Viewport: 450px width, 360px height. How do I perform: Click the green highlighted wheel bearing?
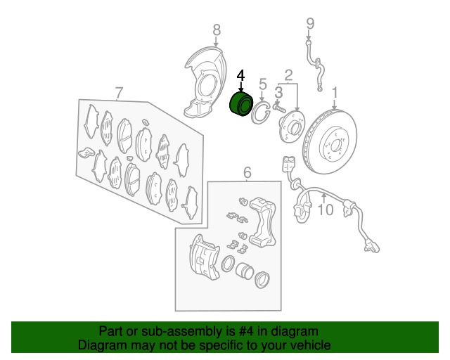241,104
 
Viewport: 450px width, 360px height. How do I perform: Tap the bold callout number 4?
240,76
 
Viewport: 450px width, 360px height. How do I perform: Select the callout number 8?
217,30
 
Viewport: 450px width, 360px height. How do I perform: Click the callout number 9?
310,23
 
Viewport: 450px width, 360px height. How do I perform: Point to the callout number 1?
335,93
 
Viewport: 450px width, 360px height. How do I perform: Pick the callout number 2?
288,75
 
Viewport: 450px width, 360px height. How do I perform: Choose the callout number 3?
278,92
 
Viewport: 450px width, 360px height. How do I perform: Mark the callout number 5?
262,84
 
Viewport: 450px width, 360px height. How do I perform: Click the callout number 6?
247,172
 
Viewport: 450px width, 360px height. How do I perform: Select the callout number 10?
326,210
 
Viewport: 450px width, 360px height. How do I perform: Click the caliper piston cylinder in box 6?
245,271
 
